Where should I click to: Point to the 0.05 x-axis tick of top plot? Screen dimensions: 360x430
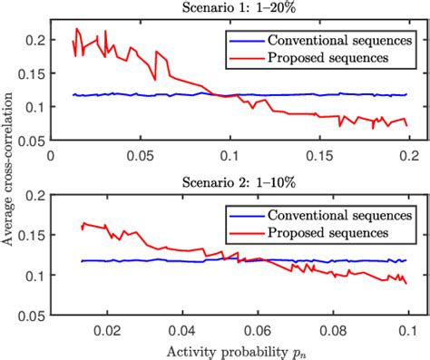pos(140,156)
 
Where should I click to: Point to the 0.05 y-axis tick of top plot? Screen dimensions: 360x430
pos(29,141)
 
